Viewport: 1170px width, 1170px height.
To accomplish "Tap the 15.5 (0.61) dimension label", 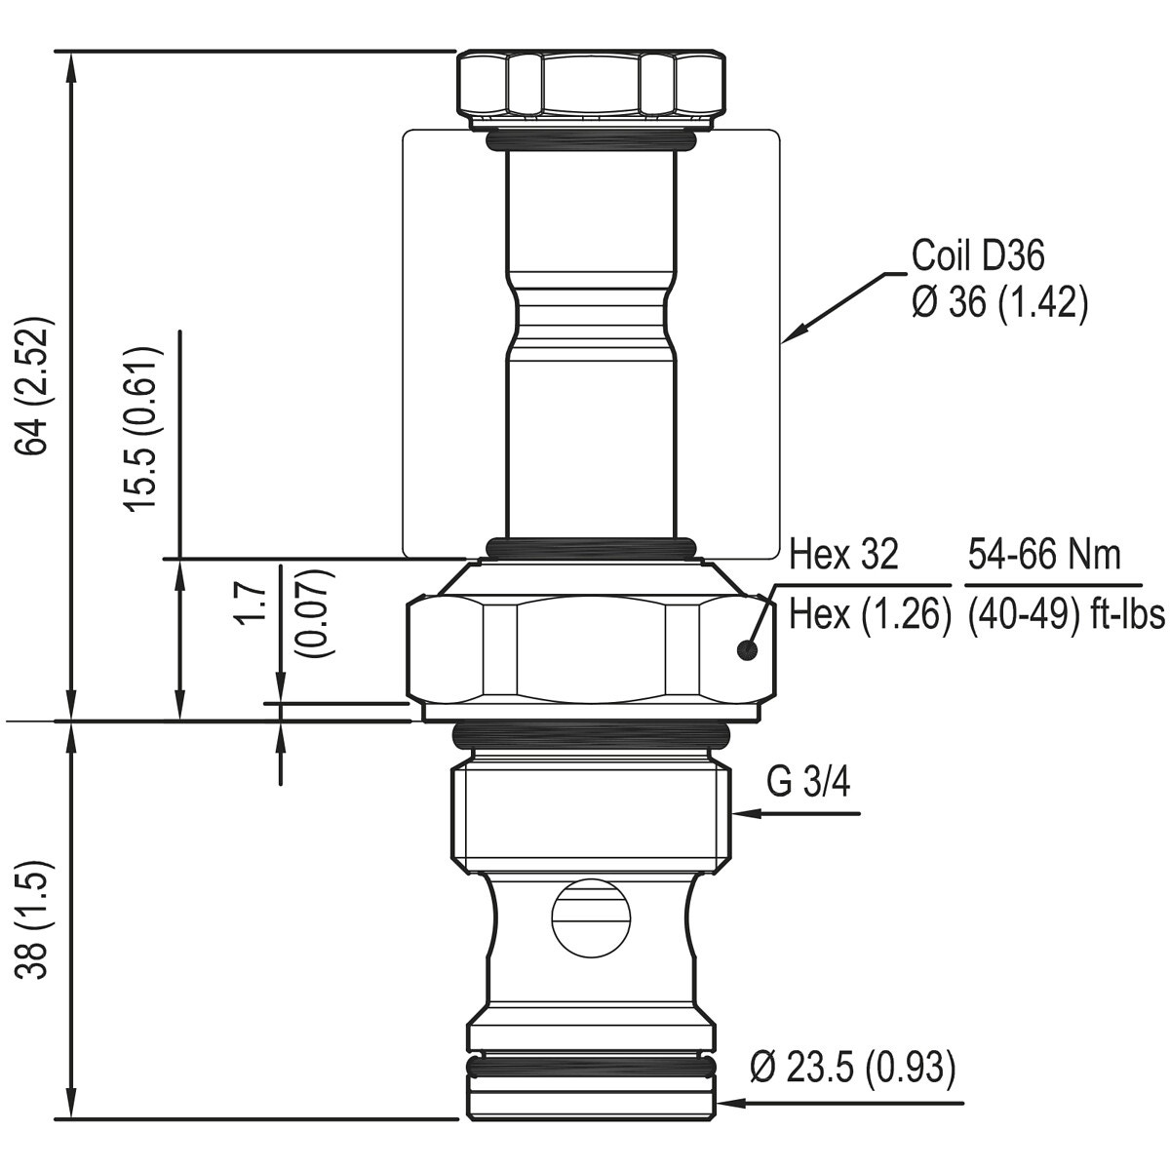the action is click(144, 429).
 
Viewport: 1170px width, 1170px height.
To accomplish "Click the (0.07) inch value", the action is click(313, 613).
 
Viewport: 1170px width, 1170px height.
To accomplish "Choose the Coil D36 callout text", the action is click(978, 255).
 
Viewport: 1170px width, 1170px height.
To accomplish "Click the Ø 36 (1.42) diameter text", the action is click(999, 301).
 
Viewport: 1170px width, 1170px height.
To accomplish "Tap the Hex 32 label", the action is click(843, 555).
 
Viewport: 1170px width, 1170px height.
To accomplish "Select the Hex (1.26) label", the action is click(870, 615).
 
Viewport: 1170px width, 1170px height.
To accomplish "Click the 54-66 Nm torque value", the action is click(1044, 555).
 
